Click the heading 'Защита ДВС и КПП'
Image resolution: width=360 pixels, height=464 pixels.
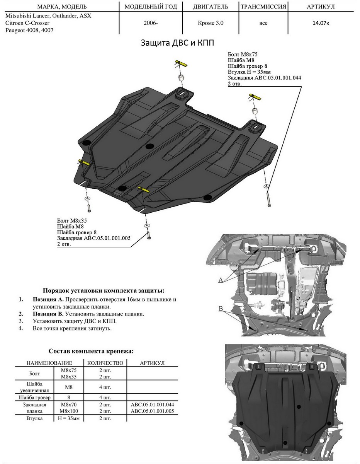[180, 43]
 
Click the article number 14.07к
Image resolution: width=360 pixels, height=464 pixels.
[321, 23]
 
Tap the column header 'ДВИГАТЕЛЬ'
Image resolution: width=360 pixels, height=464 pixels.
[211, 7]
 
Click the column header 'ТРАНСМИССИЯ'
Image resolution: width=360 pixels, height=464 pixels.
[263, 7]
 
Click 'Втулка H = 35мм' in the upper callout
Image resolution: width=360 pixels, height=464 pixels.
[249, 72]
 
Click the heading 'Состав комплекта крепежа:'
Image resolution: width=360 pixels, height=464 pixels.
[92, 351]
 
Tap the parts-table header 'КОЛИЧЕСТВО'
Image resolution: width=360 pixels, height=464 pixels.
[105, 363]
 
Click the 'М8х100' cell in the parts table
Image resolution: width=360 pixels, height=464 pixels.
[69, 411]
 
